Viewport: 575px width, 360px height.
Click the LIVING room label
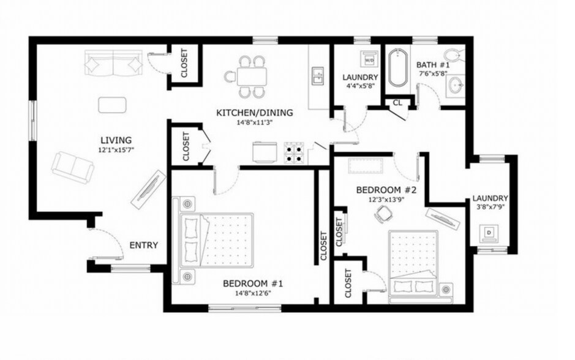pyautogui.click(x=116, y=140)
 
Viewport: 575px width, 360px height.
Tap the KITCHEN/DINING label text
pyautogui.click(x=255, y=113)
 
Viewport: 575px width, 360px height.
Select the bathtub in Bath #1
pyautogui.click(x=397, y=68)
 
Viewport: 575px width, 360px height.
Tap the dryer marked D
pyautogui.click(x=489, y=233)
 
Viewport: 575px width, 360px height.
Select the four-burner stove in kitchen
pyautogui.click(x=295, y=153)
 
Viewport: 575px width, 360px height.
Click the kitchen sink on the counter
pyautogui.click(x=317, y=76)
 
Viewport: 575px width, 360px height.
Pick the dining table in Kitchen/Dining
pyautogui.click(x=251, y=77)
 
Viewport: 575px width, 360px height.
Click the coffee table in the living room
pyautogui.click(x=112, y=105)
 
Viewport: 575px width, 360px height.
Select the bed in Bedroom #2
pyautogui.click(x=414, y=266)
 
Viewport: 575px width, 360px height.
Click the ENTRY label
pyautogui.click(x=144, y=246)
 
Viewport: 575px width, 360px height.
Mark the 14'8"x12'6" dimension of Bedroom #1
pyautogui.click(x=253, y=293)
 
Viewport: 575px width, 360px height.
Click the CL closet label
pyautogui.click(x=397, y=103)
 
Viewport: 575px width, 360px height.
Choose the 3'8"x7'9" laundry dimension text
pyautogui.click(x=490, y=206)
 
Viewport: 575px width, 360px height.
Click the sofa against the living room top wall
pyautogui.click(x=113, y=62)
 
